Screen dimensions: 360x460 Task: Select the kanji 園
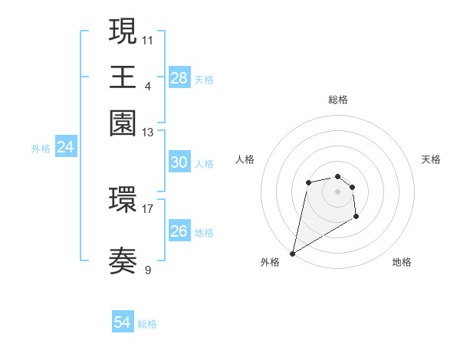click(x=123, y=123)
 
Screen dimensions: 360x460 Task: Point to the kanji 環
click(x=123, y=201)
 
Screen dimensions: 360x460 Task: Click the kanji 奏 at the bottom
click(x=123, y=261)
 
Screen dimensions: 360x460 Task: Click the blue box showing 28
click(x=179, y=77)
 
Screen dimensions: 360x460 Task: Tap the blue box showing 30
click(x=179, y=162)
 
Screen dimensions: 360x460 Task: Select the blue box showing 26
click(x=179, y=231)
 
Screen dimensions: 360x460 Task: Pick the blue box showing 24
click(x=65, y=147)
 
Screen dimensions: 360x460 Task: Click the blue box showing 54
click(x=123, y=322)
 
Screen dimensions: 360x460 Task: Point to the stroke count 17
click(x=148, y=208)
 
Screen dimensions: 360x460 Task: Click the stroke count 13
click(x=148, y=133)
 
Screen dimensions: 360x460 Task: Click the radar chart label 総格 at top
click(x=337, y=100)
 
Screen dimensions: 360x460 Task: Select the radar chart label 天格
click(x=431, y=159)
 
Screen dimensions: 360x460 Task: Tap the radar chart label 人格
click(x=245, y=159)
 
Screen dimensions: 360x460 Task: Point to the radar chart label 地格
click(x=402, y=262)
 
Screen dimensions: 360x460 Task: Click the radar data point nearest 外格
click(x=293, y=253)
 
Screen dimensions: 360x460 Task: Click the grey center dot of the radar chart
click(x=337, y=191)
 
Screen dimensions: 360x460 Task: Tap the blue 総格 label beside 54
click(x=147, y=324)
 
